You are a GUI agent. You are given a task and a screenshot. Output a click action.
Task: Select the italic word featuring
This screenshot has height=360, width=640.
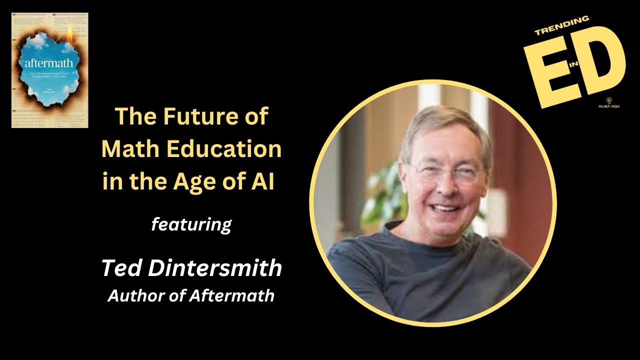[x=191, y=224]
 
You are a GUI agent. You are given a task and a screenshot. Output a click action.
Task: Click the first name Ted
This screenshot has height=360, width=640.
[x=120, y=268]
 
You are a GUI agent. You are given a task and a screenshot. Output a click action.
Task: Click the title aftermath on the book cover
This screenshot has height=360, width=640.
[x=49, y=63]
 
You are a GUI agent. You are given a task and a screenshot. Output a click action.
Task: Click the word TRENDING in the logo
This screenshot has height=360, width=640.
[x=562, y=26]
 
